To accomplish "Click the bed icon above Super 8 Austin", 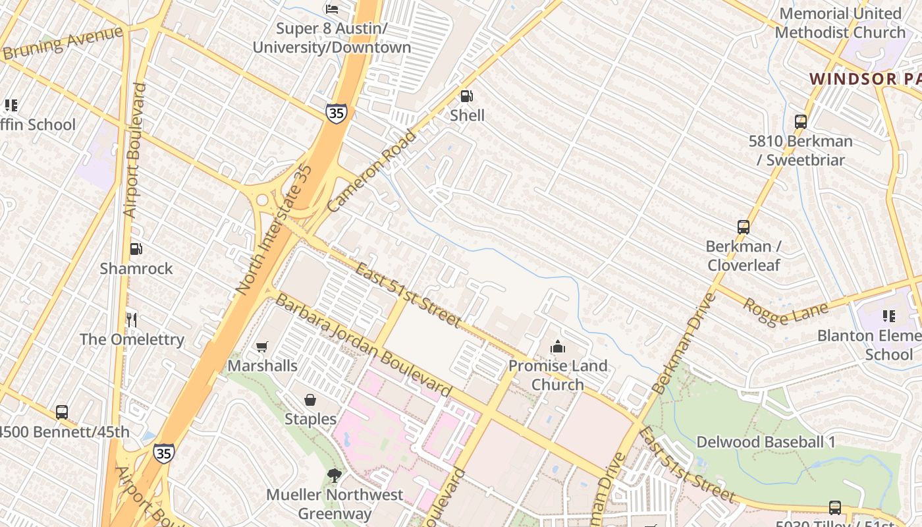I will (x=332, y=9).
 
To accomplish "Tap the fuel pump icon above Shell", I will (x=466, y=96).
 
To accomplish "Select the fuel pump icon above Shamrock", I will (x=136, y=249).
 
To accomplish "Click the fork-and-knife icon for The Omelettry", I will (x=132, y=320).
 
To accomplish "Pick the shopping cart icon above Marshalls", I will (x=262, y=347).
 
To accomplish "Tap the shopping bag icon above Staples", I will (x=310, y=400).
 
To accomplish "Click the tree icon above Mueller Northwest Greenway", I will (x=335, y=475).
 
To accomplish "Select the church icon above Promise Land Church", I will (x=558, y=347).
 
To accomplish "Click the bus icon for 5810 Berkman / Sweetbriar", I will (x=800, y=122).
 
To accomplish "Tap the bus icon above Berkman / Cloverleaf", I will (x=743, y=227).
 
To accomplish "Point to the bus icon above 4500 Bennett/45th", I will (x=62, y=412).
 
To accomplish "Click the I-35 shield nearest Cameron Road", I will (x=336, y=113).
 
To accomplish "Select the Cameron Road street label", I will (x=372, y=171).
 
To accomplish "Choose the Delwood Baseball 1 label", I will (x=765, y=442).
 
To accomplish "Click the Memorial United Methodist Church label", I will (x=840, y=22).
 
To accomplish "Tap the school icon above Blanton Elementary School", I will (x=888, y=316).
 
